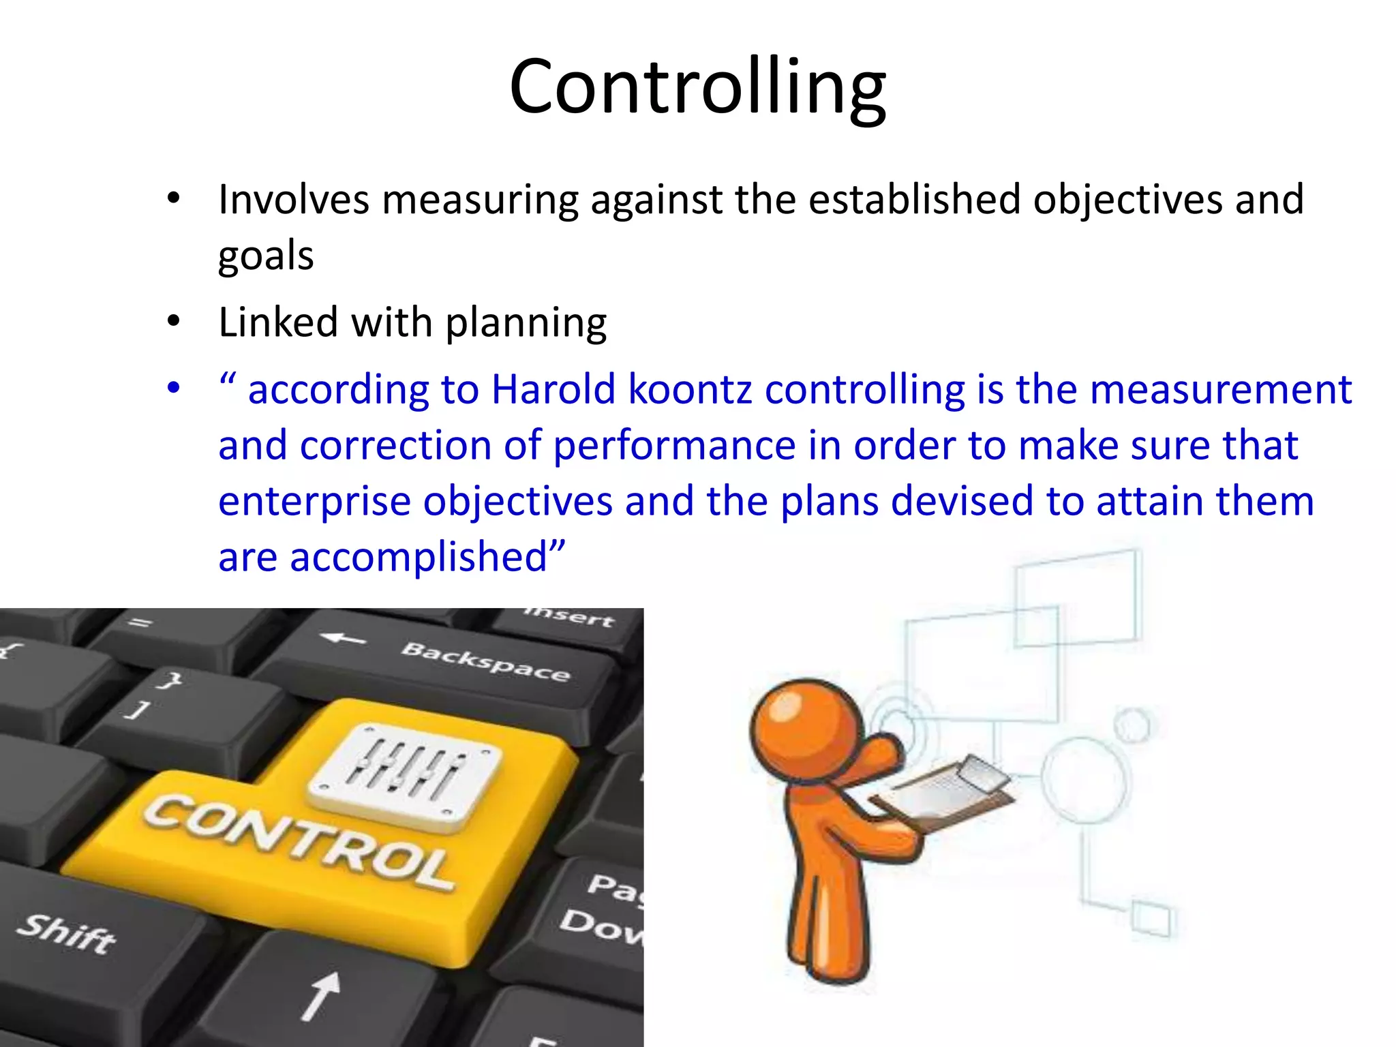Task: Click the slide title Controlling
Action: click(697, 87)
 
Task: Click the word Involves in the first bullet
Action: click(294, 200)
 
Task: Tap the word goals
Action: click(266, 257)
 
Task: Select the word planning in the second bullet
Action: click(526, 322)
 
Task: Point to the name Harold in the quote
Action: click(553, 390)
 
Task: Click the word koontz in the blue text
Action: click(691, 390)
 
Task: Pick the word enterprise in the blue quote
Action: click(314, 502)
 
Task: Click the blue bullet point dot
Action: click(174, 389)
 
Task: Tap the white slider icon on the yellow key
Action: click(405, 778)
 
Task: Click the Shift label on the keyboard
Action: click(66, 932)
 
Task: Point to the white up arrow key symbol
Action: click(320, 995)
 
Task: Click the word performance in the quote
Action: click(674, 446)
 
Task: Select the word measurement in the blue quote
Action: click(1220, 390)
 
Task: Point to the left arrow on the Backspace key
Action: click(343, 639)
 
